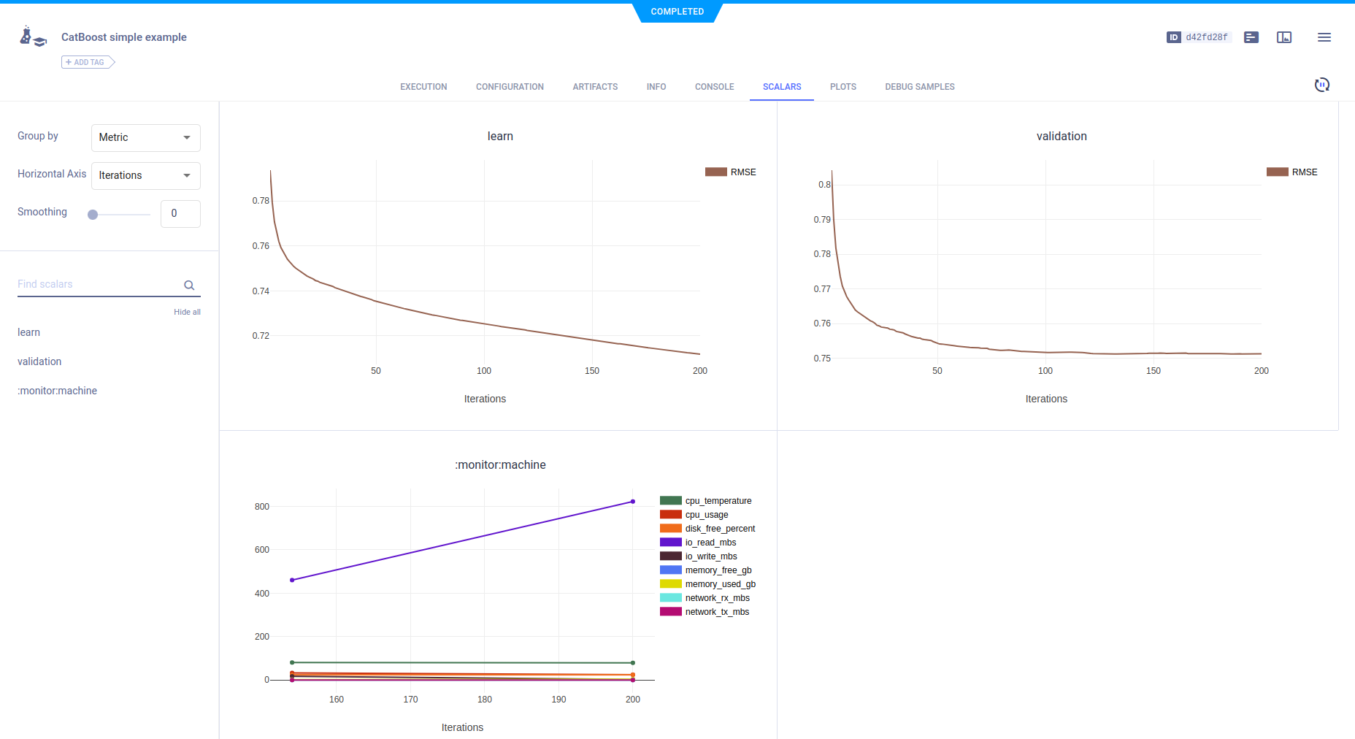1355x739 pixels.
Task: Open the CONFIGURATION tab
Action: pos(510,87)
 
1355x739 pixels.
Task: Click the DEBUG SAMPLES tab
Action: pos(920,87)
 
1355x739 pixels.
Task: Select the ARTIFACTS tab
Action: pos(595,87)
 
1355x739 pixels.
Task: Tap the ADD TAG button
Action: pos(88,62)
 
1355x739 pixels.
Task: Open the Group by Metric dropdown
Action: pos(146,138)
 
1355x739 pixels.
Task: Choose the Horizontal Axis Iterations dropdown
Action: pos(146,176)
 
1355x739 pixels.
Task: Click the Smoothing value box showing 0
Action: pos(180,214)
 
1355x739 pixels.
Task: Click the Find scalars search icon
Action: pos(189,286)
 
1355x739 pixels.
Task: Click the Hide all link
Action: pos(187,312)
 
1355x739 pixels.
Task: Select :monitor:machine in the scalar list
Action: pos(57,391)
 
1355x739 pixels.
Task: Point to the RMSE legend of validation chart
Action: pos(1292,172)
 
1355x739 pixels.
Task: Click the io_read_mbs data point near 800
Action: pos(633,502)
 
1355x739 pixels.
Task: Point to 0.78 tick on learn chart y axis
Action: pos(261,201)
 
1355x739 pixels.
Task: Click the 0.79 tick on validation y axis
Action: pos(822,220)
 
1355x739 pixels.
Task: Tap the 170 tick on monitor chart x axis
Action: pos(411,700)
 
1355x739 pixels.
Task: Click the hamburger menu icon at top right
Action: pos(1324,37)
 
